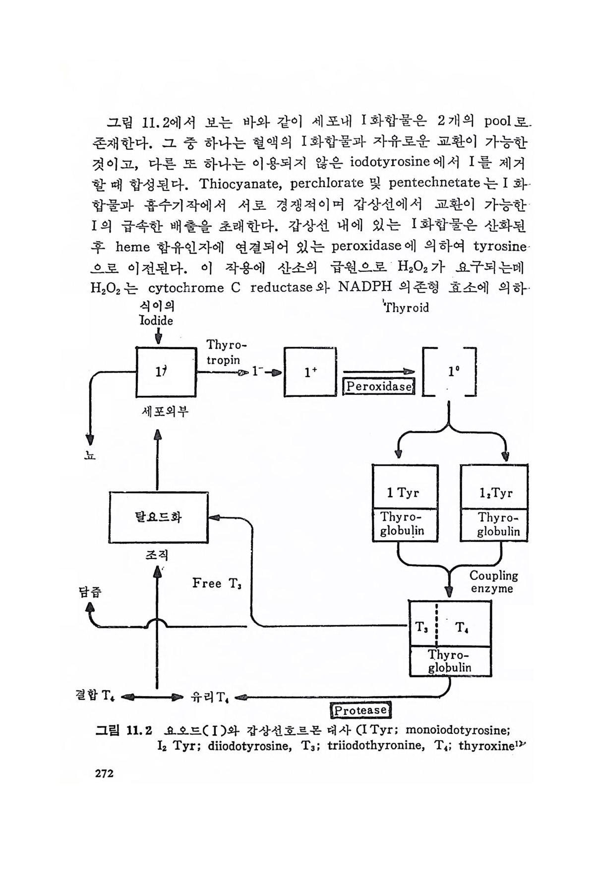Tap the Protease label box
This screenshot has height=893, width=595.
360,710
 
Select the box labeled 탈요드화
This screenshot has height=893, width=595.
158,517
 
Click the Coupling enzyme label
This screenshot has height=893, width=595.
493,582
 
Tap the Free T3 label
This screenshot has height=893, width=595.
217,583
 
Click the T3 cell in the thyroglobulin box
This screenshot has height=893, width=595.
422,628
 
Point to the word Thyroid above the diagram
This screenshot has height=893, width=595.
407,308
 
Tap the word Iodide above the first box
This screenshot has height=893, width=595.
156,320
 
